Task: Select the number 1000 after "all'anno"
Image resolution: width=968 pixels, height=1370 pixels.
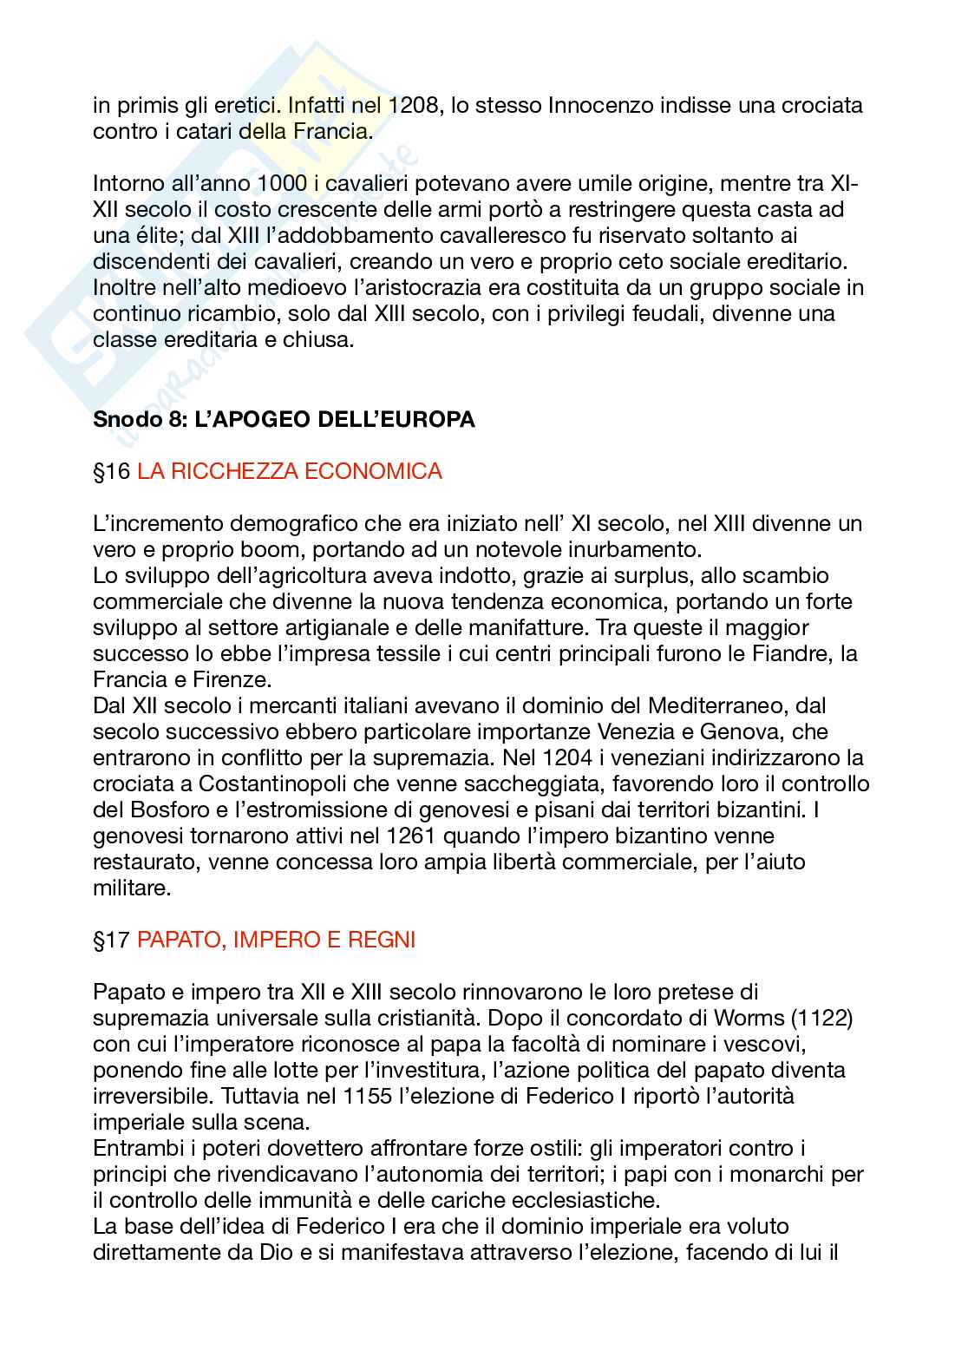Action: click(282, 183)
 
